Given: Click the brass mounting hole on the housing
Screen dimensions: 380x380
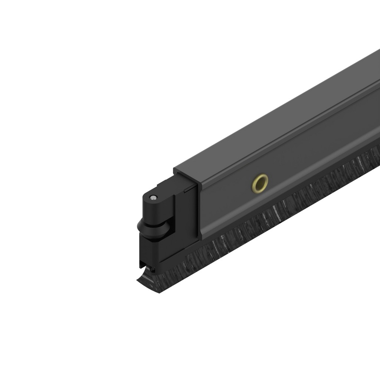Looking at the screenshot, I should tap(260, 183).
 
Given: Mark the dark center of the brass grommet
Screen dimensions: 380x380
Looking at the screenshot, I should tap(261, 183).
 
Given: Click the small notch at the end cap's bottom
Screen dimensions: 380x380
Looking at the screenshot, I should tap(143, 264).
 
